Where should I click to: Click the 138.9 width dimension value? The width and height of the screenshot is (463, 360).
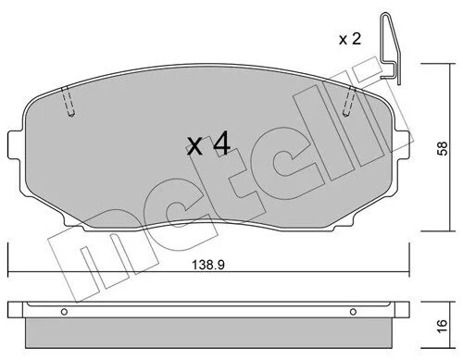208,265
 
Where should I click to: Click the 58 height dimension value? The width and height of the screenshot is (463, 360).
443,148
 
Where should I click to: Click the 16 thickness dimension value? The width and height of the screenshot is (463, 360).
443,326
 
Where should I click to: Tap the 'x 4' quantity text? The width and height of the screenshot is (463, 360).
209,143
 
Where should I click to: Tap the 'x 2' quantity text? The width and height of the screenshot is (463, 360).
350,40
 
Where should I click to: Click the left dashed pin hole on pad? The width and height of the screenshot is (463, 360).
69,102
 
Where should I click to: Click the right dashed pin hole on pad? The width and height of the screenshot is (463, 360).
349,102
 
